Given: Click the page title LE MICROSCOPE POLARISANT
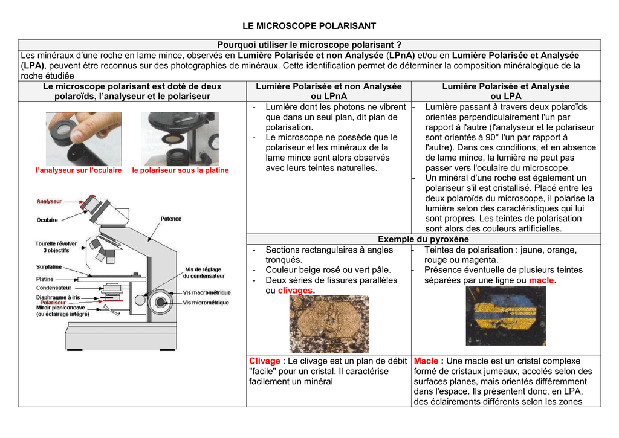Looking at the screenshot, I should [309, 26].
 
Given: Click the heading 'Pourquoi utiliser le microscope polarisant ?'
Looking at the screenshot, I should [309, 45].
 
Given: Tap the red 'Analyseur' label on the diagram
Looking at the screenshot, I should [49, 201].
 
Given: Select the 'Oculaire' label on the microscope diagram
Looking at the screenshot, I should [47, 220].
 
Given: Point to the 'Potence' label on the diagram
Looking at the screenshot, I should [171, 219].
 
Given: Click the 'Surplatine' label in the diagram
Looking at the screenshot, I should [49, 266].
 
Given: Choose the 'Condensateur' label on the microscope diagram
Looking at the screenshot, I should [54, 288].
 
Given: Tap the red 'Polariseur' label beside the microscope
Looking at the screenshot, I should [53, 303].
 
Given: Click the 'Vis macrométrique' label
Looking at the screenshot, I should [207, 293].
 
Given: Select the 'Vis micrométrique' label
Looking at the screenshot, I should [206, 303].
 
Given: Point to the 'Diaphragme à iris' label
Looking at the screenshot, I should [58, 297].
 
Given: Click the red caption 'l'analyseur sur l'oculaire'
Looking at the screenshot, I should [79, 170].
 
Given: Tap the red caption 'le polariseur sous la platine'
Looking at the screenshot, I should [180, 170].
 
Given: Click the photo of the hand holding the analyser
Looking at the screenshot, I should [83, 139].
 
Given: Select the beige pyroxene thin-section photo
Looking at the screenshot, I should [328, 324].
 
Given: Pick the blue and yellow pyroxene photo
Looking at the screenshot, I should [505, 315].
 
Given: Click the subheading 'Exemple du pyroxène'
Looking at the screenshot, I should [423, 239].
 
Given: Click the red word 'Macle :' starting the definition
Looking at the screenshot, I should [429, 361].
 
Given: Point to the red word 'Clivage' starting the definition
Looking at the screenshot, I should [265, 361].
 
